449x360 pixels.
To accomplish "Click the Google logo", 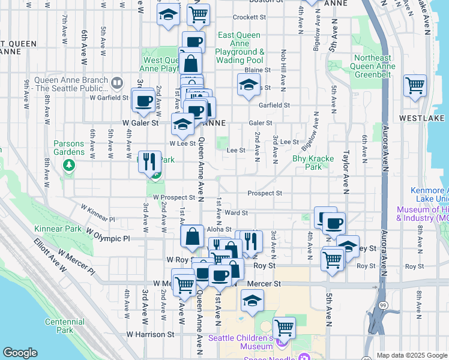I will (x=20, y=353).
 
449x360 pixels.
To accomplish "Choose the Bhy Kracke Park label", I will (x=307, y=163).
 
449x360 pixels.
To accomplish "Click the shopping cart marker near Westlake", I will (x=415, y=86).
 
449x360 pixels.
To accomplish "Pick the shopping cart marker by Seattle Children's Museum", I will (x=284, y=328).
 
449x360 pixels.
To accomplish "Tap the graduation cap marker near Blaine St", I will (x=248, y=85).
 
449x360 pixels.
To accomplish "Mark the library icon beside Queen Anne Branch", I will (x=117, y=82).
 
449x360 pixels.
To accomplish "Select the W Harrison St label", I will (x=150, y=334).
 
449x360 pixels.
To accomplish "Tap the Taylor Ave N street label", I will (x=346, y=175).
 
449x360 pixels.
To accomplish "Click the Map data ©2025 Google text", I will (x=412, y=355).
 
